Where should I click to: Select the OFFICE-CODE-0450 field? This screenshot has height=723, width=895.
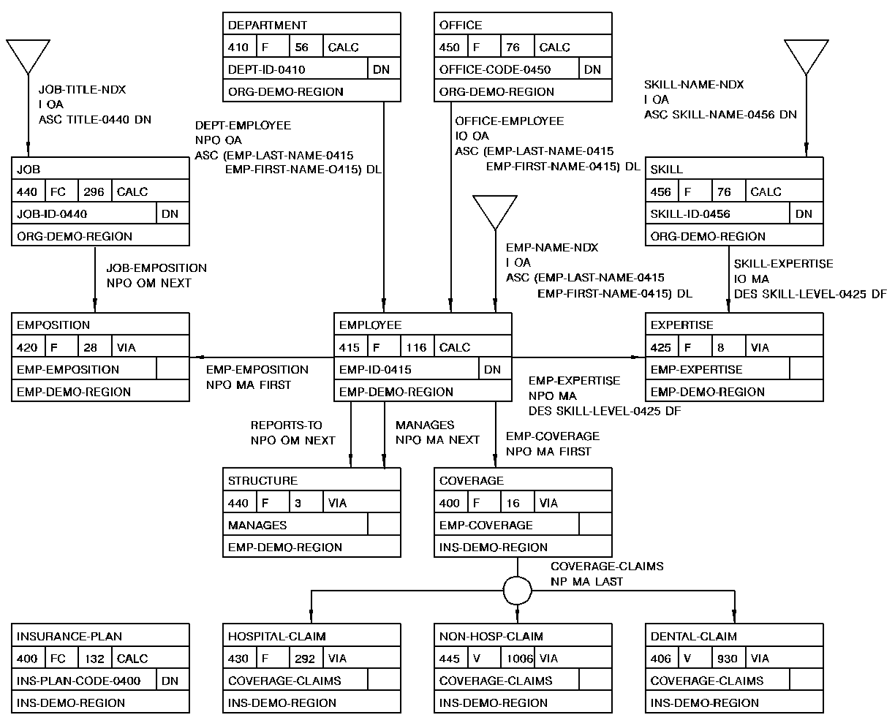tap(495, 69)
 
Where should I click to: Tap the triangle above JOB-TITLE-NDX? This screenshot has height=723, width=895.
tap(28, 55)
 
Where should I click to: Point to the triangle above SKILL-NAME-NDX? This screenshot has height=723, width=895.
tap(807, 55)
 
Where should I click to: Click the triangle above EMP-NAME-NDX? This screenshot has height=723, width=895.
tap(495, 211)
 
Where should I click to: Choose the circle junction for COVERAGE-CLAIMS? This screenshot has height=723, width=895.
tap(518, 589)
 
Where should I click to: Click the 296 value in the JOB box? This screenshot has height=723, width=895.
tap(94, 192)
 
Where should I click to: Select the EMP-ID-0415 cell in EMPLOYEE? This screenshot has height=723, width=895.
tap(375, 370)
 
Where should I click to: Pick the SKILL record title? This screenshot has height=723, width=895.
tap(666, 169)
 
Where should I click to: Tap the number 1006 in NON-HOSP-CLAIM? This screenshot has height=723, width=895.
tap(520, 659)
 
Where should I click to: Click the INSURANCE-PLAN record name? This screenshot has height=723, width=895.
tap(69, 636)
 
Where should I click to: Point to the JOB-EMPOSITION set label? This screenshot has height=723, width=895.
tap(156, 268)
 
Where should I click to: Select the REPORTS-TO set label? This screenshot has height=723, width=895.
tap(286, 425)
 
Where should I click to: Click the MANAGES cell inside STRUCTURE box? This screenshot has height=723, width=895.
tap(257, 525)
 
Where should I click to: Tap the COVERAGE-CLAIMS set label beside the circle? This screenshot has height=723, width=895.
tap(607, 567)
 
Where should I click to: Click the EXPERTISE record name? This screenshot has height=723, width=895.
tap(681, 325)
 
